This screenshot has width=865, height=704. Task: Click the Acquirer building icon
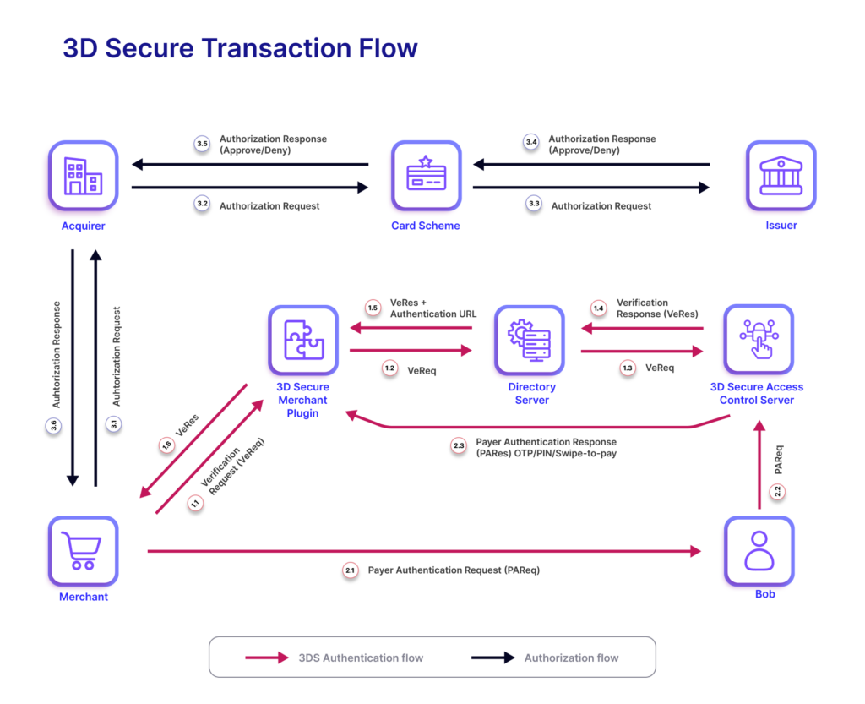point(83,175)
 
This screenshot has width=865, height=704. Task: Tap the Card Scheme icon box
point(426,175)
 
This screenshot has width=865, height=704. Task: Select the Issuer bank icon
point(781,175)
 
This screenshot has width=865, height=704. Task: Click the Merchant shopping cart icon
point(83,551)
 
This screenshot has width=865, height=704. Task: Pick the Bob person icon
point(759,551)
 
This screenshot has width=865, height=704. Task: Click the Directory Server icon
point(530,340)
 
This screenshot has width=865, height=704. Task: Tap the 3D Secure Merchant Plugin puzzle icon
point(302,340)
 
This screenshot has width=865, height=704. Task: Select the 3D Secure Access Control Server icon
point(757,340)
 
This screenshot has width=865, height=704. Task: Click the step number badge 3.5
point(202,145)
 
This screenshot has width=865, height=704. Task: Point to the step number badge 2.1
point(351,571)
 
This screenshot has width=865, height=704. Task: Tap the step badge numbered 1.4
point(598,308)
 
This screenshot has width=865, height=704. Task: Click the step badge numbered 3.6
point(52,426)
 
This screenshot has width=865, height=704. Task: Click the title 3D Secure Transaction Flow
point(240,48)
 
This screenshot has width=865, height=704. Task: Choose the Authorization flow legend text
point(571,658)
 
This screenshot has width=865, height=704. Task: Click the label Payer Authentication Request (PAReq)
point(454,570)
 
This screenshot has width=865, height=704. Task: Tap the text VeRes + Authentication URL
point(433,308)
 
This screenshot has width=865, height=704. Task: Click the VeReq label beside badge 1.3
point(660,368)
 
